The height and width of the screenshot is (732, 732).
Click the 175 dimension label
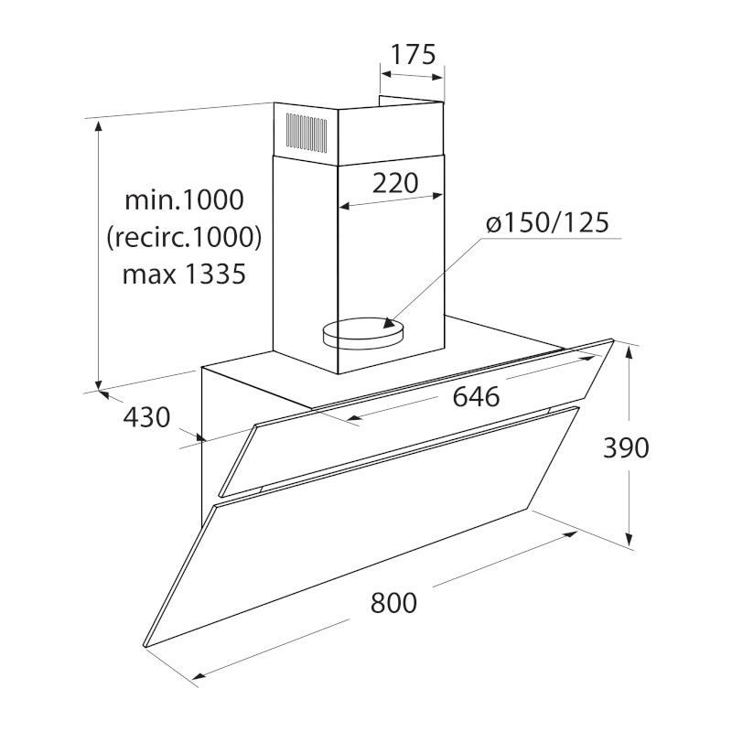tap(413, 54)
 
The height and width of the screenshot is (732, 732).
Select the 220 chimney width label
tap(395, 183)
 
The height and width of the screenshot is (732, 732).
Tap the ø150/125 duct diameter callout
tap(547, 222)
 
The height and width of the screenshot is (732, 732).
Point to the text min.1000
tap(185, 199)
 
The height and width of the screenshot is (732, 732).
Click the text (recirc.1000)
tap(185, 237)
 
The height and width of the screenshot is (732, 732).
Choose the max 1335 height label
tap(184, 274)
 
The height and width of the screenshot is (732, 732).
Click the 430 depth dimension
tap(146, 417)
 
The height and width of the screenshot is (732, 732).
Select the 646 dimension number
tap(476, 397)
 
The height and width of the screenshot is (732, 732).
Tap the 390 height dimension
tap(626, 447)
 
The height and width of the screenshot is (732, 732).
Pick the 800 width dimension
tap(393, 602)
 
